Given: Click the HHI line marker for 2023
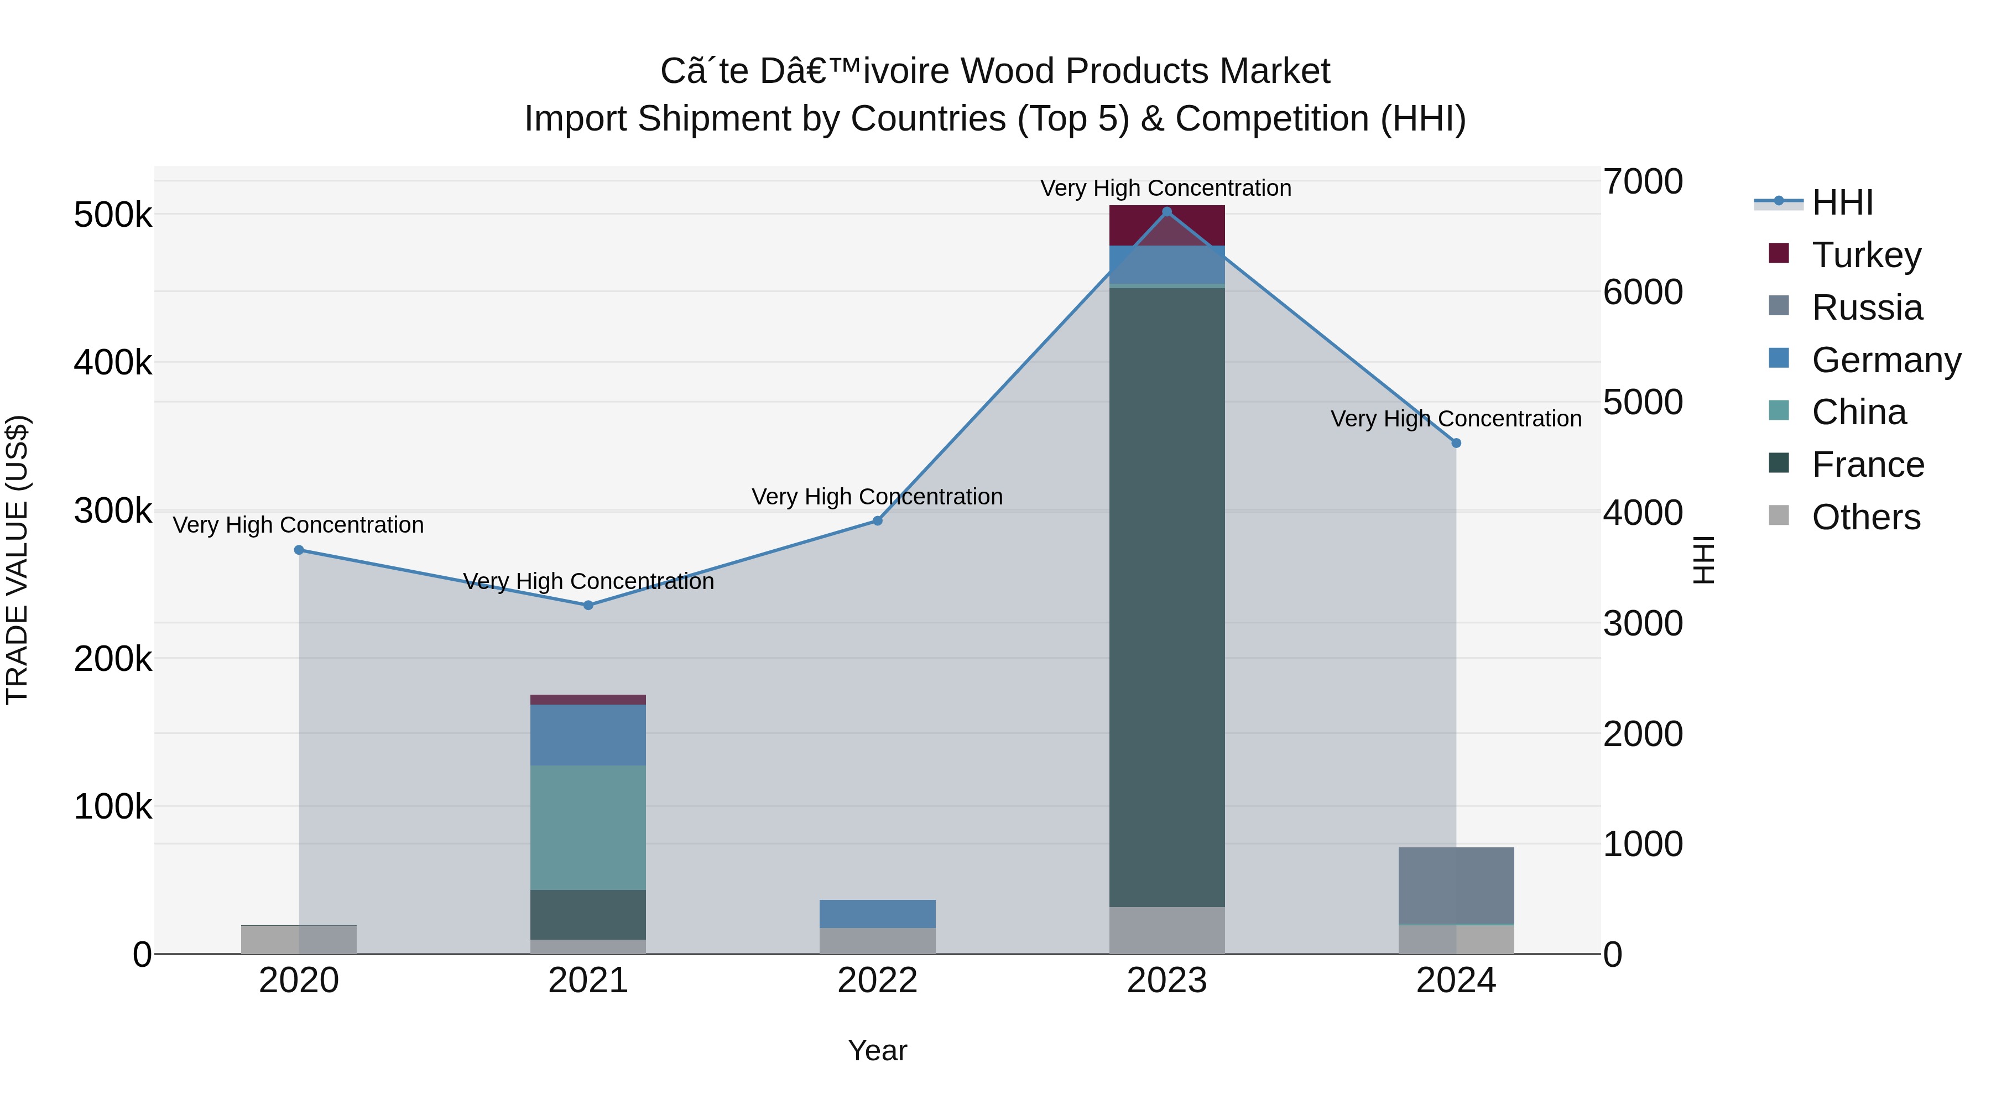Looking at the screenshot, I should pyautogui.click(x=1167, y=212).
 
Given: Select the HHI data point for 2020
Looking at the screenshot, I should pyautogui.click(x=299, y=550).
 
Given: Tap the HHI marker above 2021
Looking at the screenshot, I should pyautogui.click(x=588, y=605).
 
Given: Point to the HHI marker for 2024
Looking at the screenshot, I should pyautogui.click(x=1456, y=443).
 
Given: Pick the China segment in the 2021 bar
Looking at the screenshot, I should pyautogui.click(x=588, y=827).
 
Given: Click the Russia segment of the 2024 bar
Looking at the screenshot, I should pyautogui.click(x=1456, y=885).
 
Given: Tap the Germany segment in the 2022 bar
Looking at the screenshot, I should pyautogui.click(x=877, y=914).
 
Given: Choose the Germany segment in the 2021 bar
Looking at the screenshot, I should pyautogui.click(x=588, y=734).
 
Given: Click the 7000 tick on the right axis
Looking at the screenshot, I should pyautogui.click(x=1643, y=181).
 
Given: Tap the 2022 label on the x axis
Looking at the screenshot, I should pyautogui.click(x=877, y=981).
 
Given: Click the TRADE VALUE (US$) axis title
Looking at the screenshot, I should pyautogui.click(x=17, y=560).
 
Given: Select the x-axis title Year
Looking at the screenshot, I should pyautogui.click(x=877, y=1050).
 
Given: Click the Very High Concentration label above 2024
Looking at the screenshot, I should pyautogui.click(x=1456, y=418).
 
